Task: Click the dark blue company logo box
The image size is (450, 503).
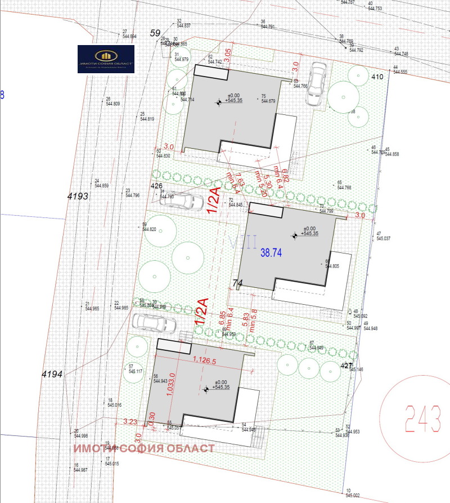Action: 106,59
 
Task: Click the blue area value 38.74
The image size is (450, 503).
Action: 271,253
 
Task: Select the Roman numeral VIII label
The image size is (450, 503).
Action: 243,242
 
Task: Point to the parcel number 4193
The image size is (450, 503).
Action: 78,197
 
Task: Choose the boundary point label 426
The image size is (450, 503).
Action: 156,186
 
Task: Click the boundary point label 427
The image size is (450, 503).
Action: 346,366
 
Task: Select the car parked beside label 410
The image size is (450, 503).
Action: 316,83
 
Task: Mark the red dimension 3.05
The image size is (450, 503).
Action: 228,55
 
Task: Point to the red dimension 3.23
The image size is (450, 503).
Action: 130,421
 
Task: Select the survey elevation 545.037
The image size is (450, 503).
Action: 383,239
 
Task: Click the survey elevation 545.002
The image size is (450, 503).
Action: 352,495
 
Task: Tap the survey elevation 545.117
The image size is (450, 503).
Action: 136,372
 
